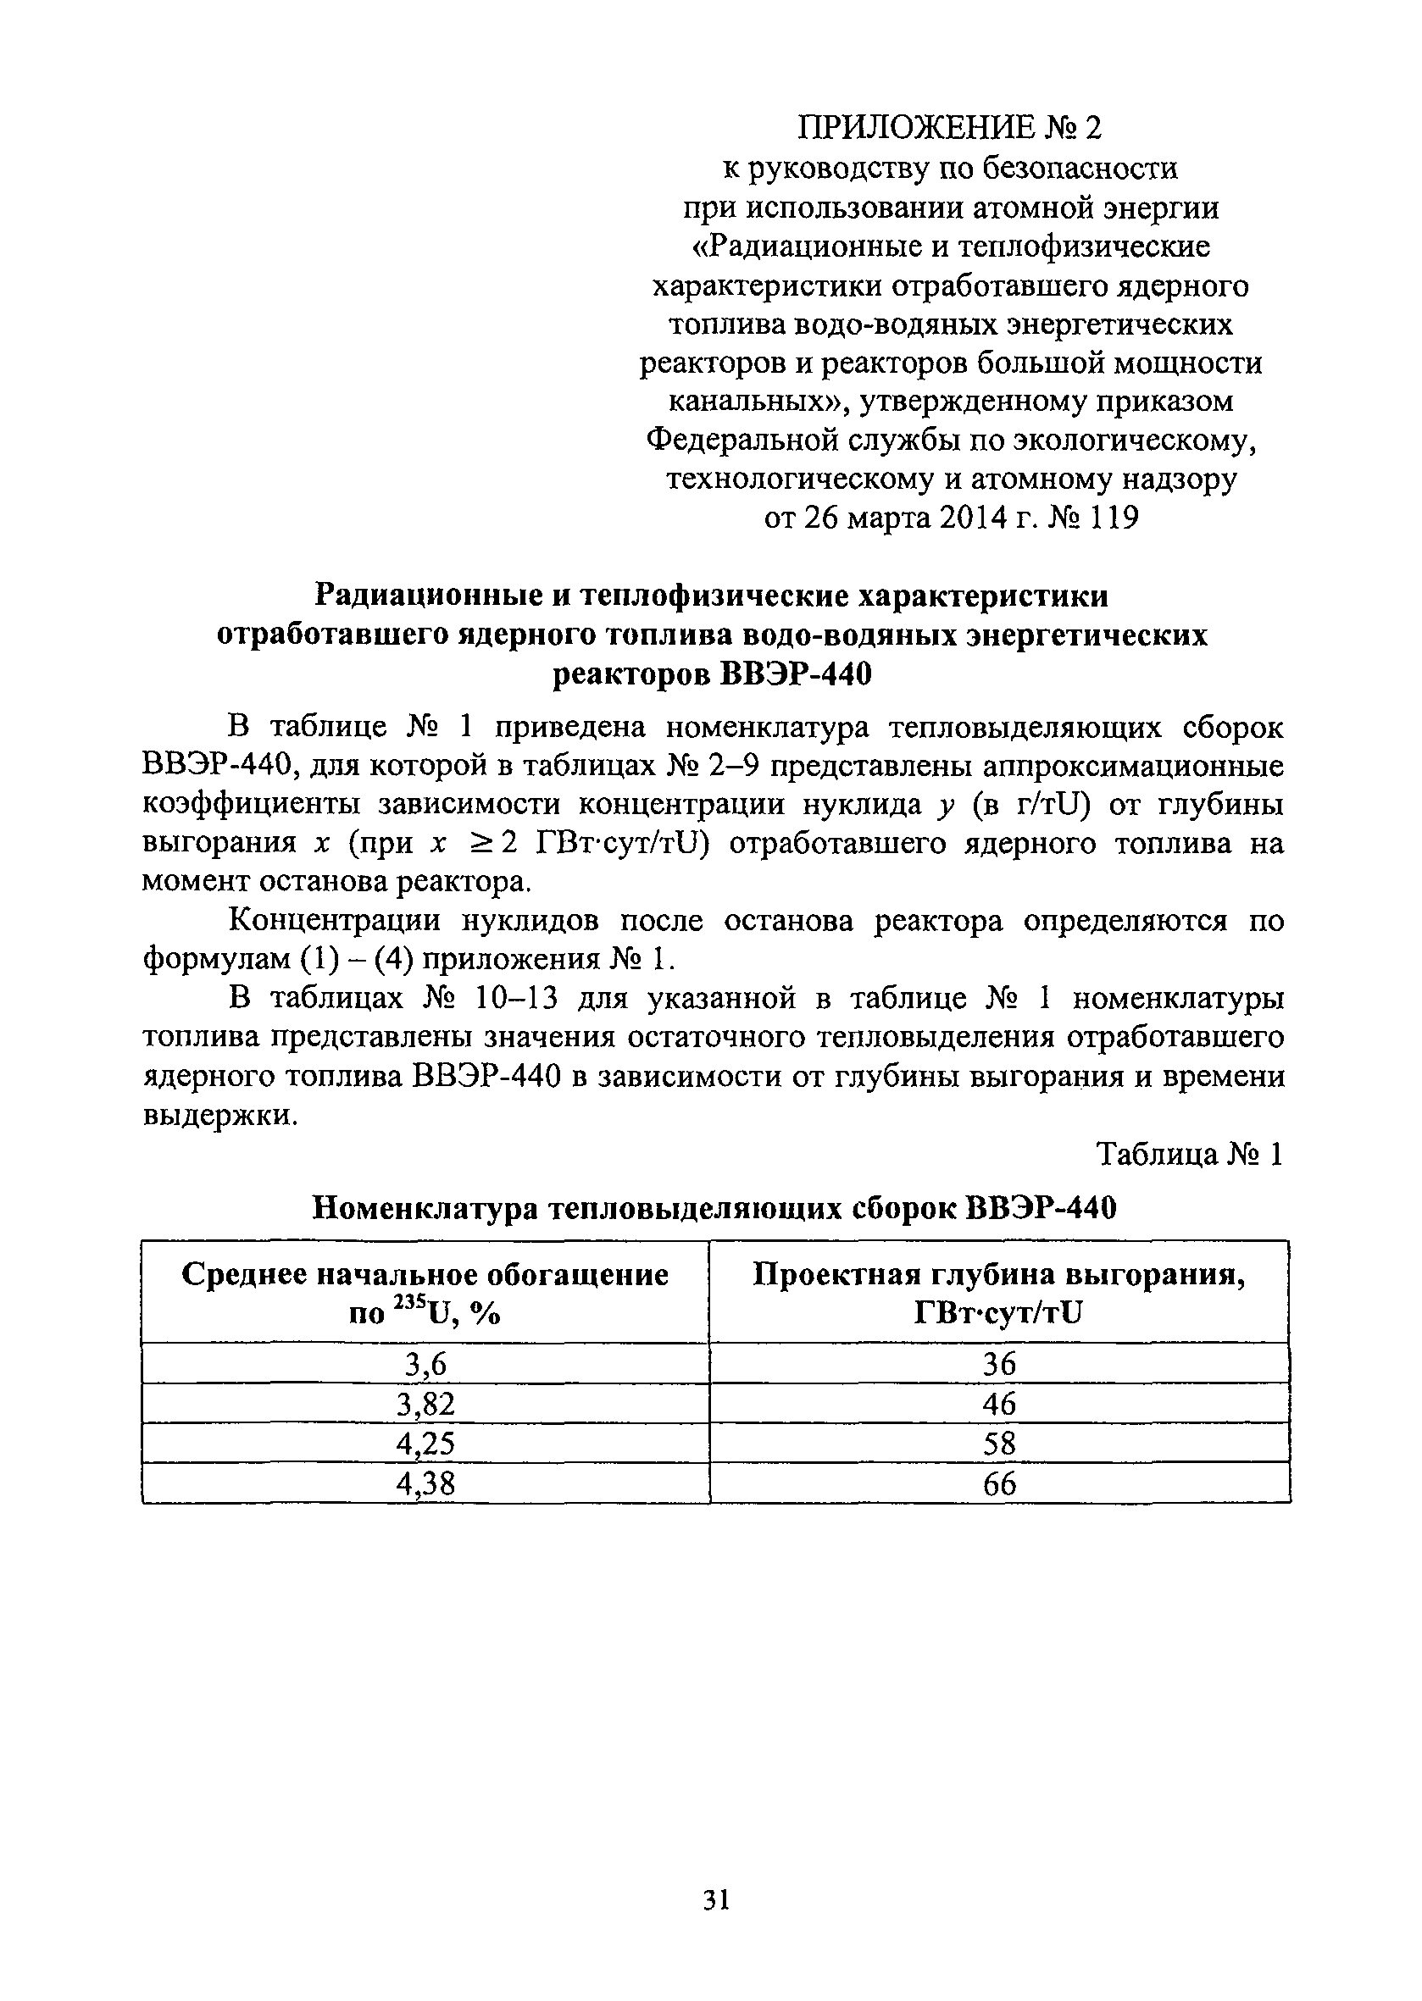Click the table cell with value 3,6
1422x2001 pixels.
[425, 1365]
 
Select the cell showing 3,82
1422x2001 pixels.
[425, 1405]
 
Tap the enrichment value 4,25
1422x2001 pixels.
[425, 1444]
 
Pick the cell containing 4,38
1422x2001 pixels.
[425, 1484]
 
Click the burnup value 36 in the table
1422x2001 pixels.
[999, 1365]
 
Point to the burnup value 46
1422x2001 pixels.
[999, 1405]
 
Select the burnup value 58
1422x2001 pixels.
[999, 1444]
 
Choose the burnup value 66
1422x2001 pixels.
[999, 1484]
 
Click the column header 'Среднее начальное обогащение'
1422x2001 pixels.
[425, 1275]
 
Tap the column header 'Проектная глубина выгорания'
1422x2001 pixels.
[999, 1275]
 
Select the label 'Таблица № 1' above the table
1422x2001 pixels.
[1190, 1156]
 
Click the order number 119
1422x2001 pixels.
[1114, 519]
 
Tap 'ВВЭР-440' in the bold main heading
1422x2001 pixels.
[796, 675]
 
